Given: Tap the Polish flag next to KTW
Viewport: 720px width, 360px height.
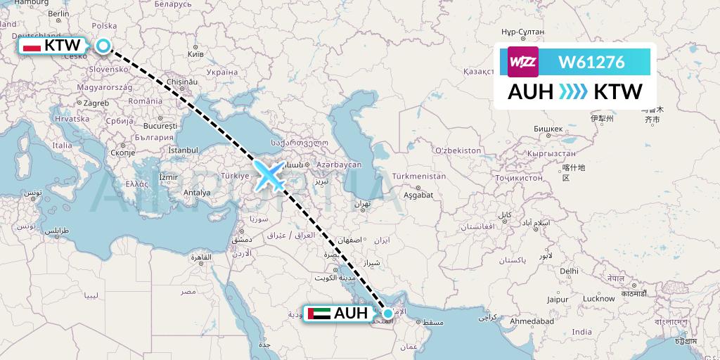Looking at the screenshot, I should (x=31, y=46).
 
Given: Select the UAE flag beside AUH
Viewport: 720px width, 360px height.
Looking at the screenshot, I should (x=316, y=314).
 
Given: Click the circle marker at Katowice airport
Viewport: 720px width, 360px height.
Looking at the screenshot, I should (x=103, y=46).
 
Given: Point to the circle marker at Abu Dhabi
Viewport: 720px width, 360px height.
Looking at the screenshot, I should (x=387, y=313).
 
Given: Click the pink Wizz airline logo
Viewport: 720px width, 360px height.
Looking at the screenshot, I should (x=522, y=61).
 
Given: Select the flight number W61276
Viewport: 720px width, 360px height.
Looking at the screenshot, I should (x=591, y=62).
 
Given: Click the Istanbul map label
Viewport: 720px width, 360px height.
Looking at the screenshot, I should (x=184, y=150).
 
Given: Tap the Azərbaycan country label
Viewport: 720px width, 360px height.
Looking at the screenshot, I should (x=339, y=165).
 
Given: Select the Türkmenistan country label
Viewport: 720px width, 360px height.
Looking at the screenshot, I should (x=419, y=176).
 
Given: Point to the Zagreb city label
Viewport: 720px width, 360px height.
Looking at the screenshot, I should (x=96, y=103).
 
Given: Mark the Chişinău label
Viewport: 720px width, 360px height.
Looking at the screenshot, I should (x=180, y=82).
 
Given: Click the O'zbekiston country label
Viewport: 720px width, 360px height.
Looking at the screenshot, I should (x=457, y=150).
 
